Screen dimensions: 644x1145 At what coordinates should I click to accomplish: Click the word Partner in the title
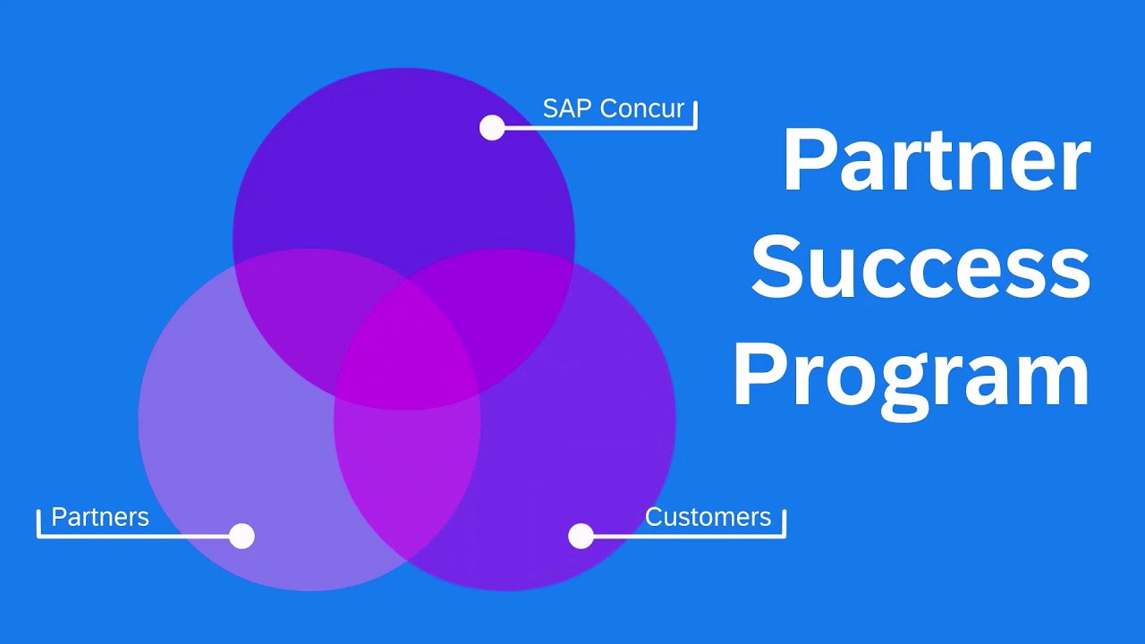click(x=936, y=161)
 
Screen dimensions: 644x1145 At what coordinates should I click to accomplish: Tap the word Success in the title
click(x=920, y=267)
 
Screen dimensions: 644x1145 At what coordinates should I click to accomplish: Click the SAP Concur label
click(x=613, y=108)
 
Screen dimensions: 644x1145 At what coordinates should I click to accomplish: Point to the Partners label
click(x=100, y=517)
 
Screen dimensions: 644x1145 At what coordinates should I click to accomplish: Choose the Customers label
click(x=708, y=517)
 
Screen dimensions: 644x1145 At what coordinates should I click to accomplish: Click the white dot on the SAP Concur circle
click(x=492, y=128)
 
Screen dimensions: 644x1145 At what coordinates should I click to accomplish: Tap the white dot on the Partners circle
click(x=242, y=536)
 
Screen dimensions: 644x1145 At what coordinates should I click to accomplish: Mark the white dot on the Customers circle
click(x=581, y=536)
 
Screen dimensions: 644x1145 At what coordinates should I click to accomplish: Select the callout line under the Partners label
click(x=134, y=536)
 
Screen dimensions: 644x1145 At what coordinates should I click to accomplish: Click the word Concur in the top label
click(x=642, y=108)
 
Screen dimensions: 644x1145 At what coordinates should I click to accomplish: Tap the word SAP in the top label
click(x=568, y=108)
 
